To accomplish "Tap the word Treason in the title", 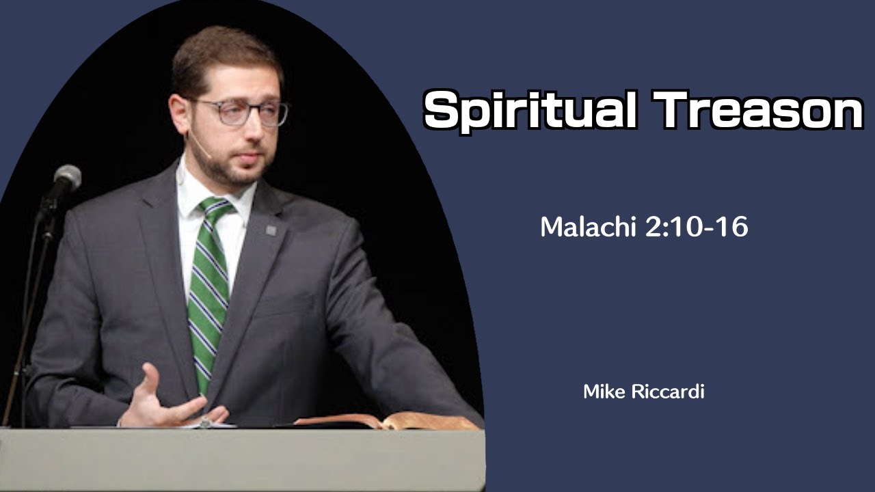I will [x=758, y=110].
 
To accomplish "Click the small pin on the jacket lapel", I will [x=271, y=230].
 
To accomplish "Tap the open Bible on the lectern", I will [x=383, y=420].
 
